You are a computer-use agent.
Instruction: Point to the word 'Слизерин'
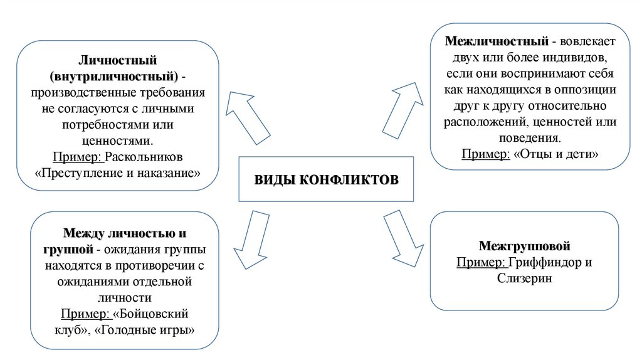point(524,278)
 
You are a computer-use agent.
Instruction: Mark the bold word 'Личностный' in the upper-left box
point(118,61)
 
